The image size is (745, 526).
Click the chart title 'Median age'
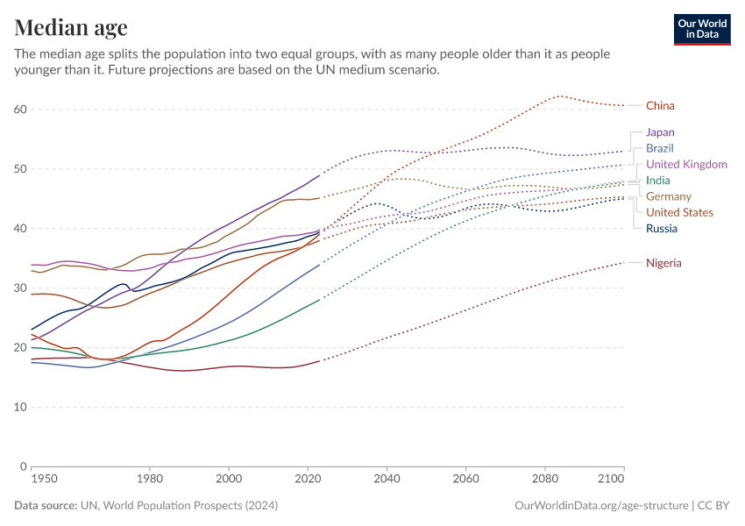coord(71,27)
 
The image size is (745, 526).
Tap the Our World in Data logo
coord(701,29)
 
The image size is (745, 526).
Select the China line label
coord(660,106)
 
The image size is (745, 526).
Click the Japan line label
coord(660,132)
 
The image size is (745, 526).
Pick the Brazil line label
coord(659,148)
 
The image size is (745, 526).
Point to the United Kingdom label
coord(686,165)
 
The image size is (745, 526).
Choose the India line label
coord(657,181)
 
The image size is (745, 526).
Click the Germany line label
coord(668,196)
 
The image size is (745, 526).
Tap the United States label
coord(679,213)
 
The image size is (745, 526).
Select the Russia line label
coord(661,229)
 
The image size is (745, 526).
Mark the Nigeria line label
coord(663,263)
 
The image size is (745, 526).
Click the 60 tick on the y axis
coord(20,110)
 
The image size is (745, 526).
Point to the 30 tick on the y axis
coord(20,288)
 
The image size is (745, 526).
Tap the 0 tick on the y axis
coord(24,466)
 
